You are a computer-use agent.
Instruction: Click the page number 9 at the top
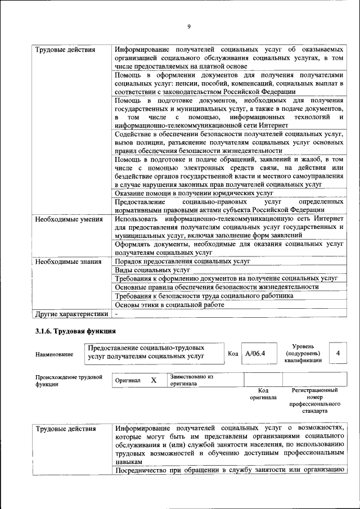coord(189,26)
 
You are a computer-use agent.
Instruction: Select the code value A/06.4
coord(255,353)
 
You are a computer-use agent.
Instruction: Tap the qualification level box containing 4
coord(337,353)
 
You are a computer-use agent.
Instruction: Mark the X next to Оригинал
coord(153,380)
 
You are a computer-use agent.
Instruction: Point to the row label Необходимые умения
coord(69,219)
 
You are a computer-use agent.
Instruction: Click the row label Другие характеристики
coord(71,313)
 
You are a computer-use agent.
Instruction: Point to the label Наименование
coord(54,354)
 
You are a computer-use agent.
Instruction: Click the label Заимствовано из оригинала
coord(191,380)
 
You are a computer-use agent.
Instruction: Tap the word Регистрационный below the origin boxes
coord(314,390)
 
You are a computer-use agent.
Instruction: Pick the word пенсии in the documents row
coord(181,83)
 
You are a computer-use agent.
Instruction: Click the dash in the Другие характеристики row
coord(116,313)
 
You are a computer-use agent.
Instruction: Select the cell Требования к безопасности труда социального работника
coord(204,296)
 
